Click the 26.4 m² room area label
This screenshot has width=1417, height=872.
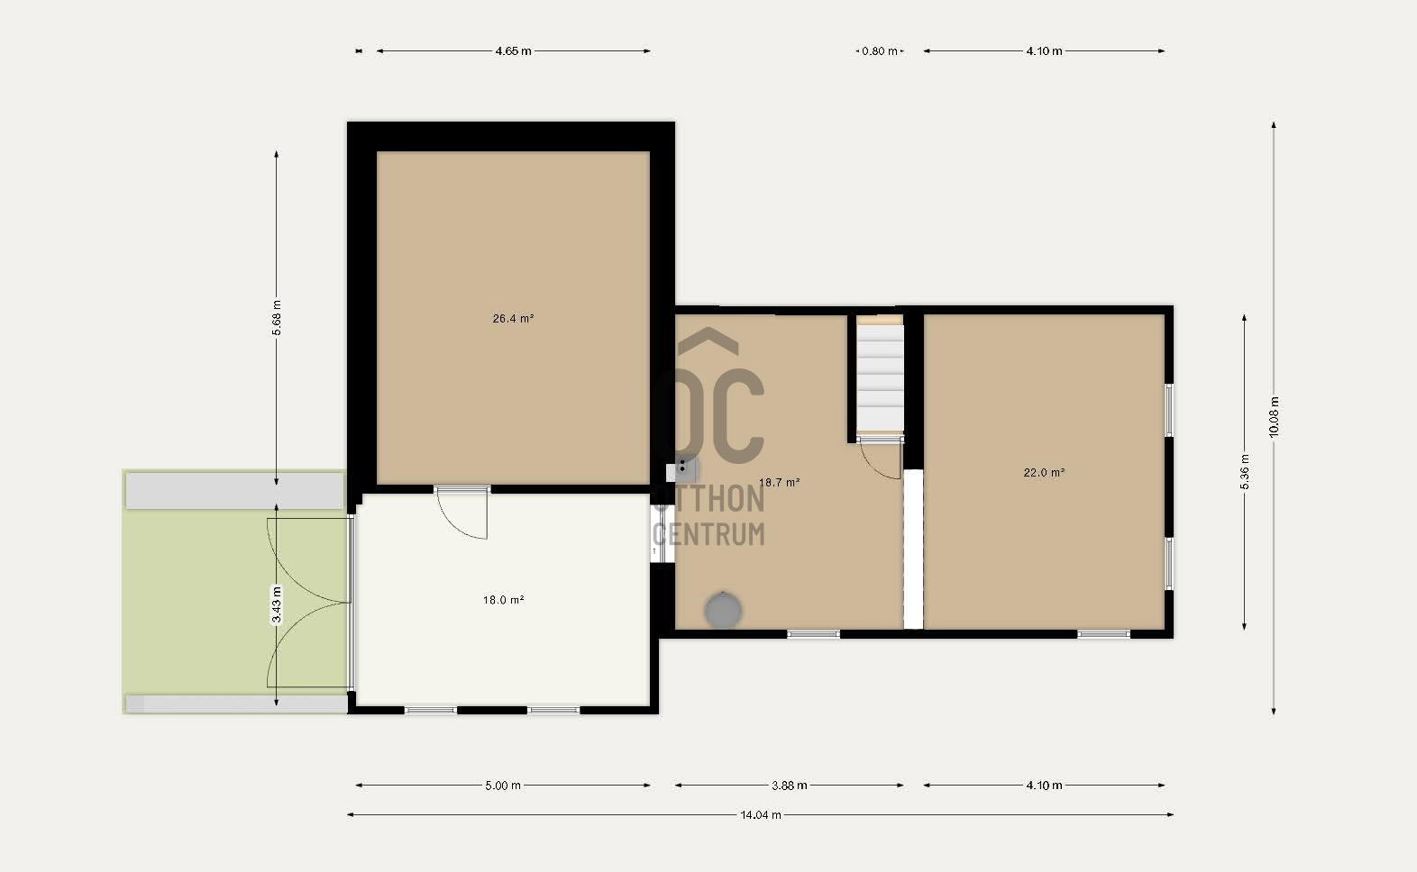coord(513,319)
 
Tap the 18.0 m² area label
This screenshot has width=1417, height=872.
coord(504,599)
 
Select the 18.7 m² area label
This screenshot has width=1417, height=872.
coord(780,483)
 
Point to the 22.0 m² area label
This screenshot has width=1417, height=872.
coord(1044,472)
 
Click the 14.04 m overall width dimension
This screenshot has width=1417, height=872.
coord(761,814)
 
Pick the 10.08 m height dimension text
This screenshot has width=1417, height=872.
coord(1274,417)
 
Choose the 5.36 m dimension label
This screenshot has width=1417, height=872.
coord(1244,472)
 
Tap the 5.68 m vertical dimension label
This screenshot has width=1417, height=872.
coord(277,318)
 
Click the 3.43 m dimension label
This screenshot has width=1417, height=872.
coord(277,604)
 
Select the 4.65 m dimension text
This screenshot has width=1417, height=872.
coord(513,51)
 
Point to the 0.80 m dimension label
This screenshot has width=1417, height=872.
coord(880,51)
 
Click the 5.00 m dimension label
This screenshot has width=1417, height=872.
coord(503,786)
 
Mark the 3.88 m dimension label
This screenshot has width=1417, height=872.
coord(790,786)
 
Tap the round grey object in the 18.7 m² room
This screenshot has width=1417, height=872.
coord(723,610)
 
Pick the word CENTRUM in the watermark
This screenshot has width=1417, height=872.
coord(708,534)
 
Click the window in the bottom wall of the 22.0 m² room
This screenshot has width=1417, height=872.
coord(1104,633)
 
